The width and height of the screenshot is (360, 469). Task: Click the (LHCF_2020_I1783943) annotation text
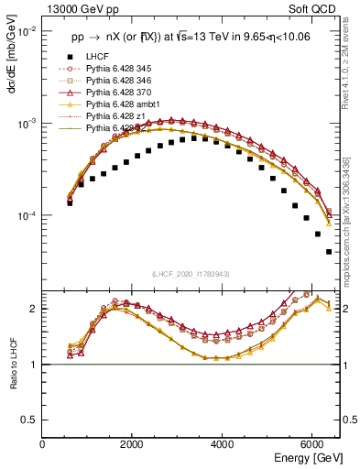[x=191, y=273]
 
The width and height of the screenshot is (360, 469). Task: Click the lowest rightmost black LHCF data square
[x=328, y=251]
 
